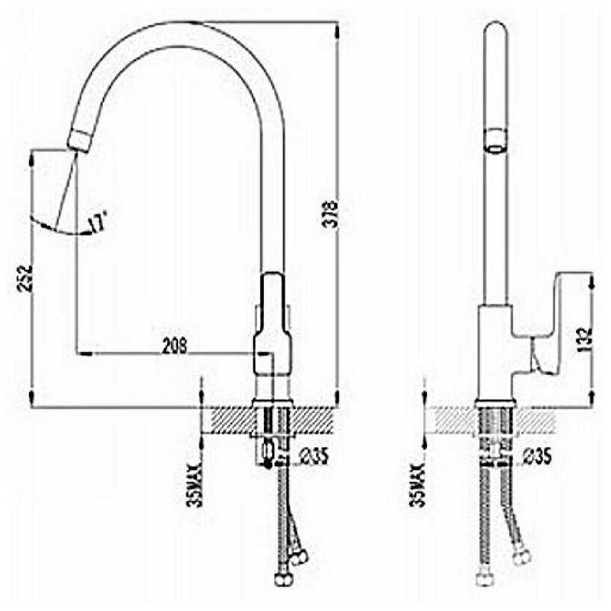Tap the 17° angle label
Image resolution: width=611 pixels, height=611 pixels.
98,221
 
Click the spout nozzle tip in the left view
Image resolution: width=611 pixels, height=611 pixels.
77,139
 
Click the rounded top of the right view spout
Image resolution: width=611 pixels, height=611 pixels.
495,34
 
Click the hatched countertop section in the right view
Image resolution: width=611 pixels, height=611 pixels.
536,420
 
